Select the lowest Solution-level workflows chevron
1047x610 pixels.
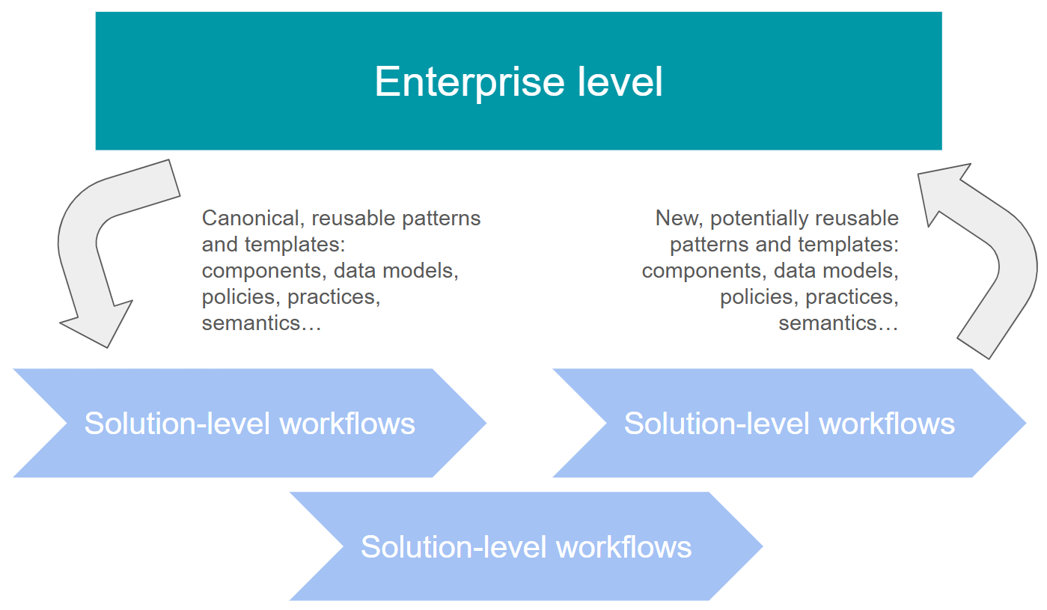coord(525,546)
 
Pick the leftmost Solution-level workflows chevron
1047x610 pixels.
coord(249,423)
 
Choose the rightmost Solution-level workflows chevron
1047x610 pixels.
coord(789,423)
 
